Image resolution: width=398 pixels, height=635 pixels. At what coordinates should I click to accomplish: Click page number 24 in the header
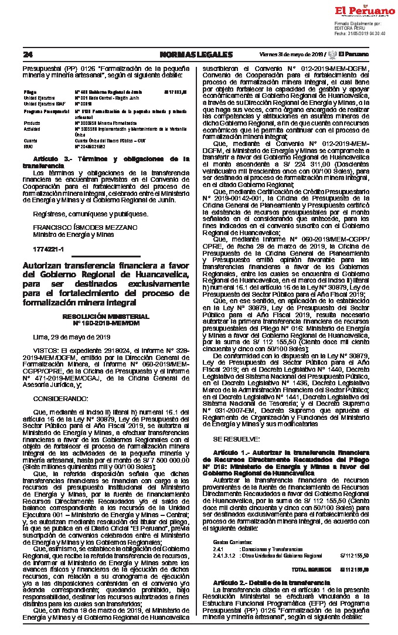coord(28,55)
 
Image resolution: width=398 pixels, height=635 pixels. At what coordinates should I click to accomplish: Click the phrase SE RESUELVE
coord(236,439)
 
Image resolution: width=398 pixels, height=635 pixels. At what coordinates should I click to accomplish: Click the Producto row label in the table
coord(32,122)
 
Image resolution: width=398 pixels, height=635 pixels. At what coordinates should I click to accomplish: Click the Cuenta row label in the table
coord(30,141)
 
